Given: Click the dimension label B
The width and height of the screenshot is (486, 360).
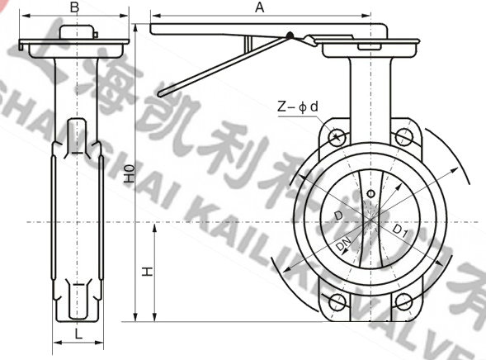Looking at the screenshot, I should click(75, 7).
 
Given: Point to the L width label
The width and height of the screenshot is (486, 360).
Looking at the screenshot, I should click(76, 333).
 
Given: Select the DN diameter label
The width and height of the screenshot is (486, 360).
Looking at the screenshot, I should click(343, 245).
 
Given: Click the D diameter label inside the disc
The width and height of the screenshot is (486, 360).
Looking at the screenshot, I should click(338, 216).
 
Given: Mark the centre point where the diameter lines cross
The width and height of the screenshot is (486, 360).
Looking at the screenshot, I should click(370, 220).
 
